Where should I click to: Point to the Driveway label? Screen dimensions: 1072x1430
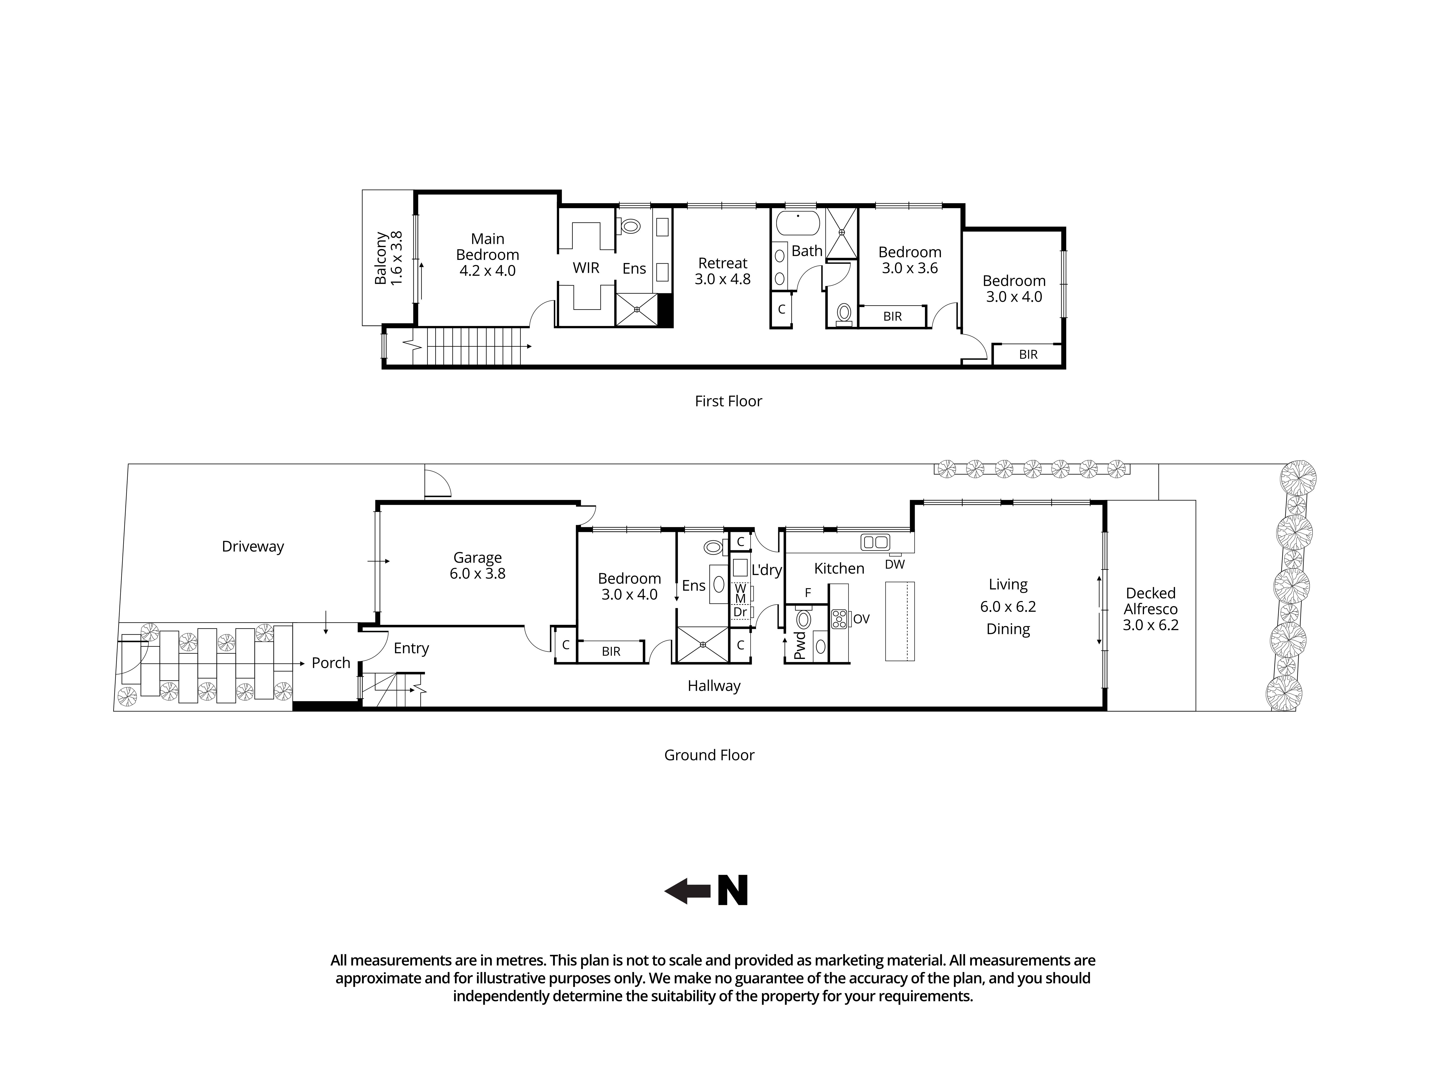pos(253,547)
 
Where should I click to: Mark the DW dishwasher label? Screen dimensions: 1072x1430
pos(895,564)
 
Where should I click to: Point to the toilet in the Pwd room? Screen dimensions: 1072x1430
pos(804,620)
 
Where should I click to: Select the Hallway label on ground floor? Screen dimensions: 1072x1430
pos(714,686)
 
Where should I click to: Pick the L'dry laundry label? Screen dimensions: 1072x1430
pos(767,570)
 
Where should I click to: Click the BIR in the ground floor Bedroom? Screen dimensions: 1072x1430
pos(611,651)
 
